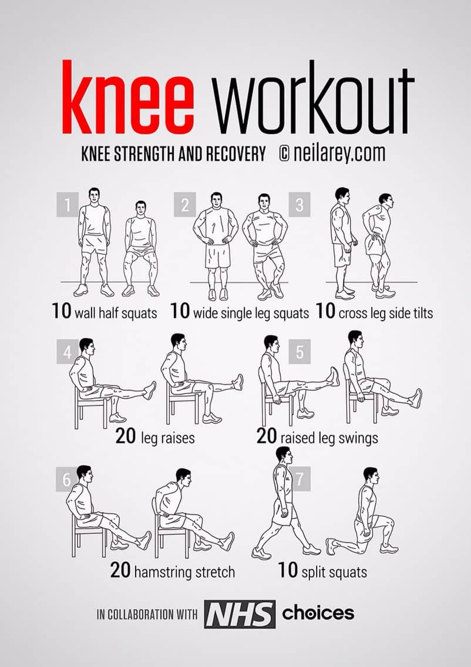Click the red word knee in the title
coord(127,97)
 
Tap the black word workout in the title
coord(314,97)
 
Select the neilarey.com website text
coord(339,154)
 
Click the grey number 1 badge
coord(68,204)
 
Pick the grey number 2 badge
coord(184,204)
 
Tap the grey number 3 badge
coord(300,204)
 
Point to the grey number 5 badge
coord(300,351)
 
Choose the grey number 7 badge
coord(300,479)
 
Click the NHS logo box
coord(240,614)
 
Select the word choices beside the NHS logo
coord(318,613)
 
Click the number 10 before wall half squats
coord(62,311)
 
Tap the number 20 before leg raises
coord(126,436)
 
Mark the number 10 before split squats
coord(288,570)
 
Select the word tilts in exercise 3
coord(422,313)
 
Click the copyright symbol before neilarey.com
coord(285,154)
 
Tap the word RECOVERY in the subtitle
coord(235,154)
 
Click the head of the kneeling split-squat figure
coord(371,476)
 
